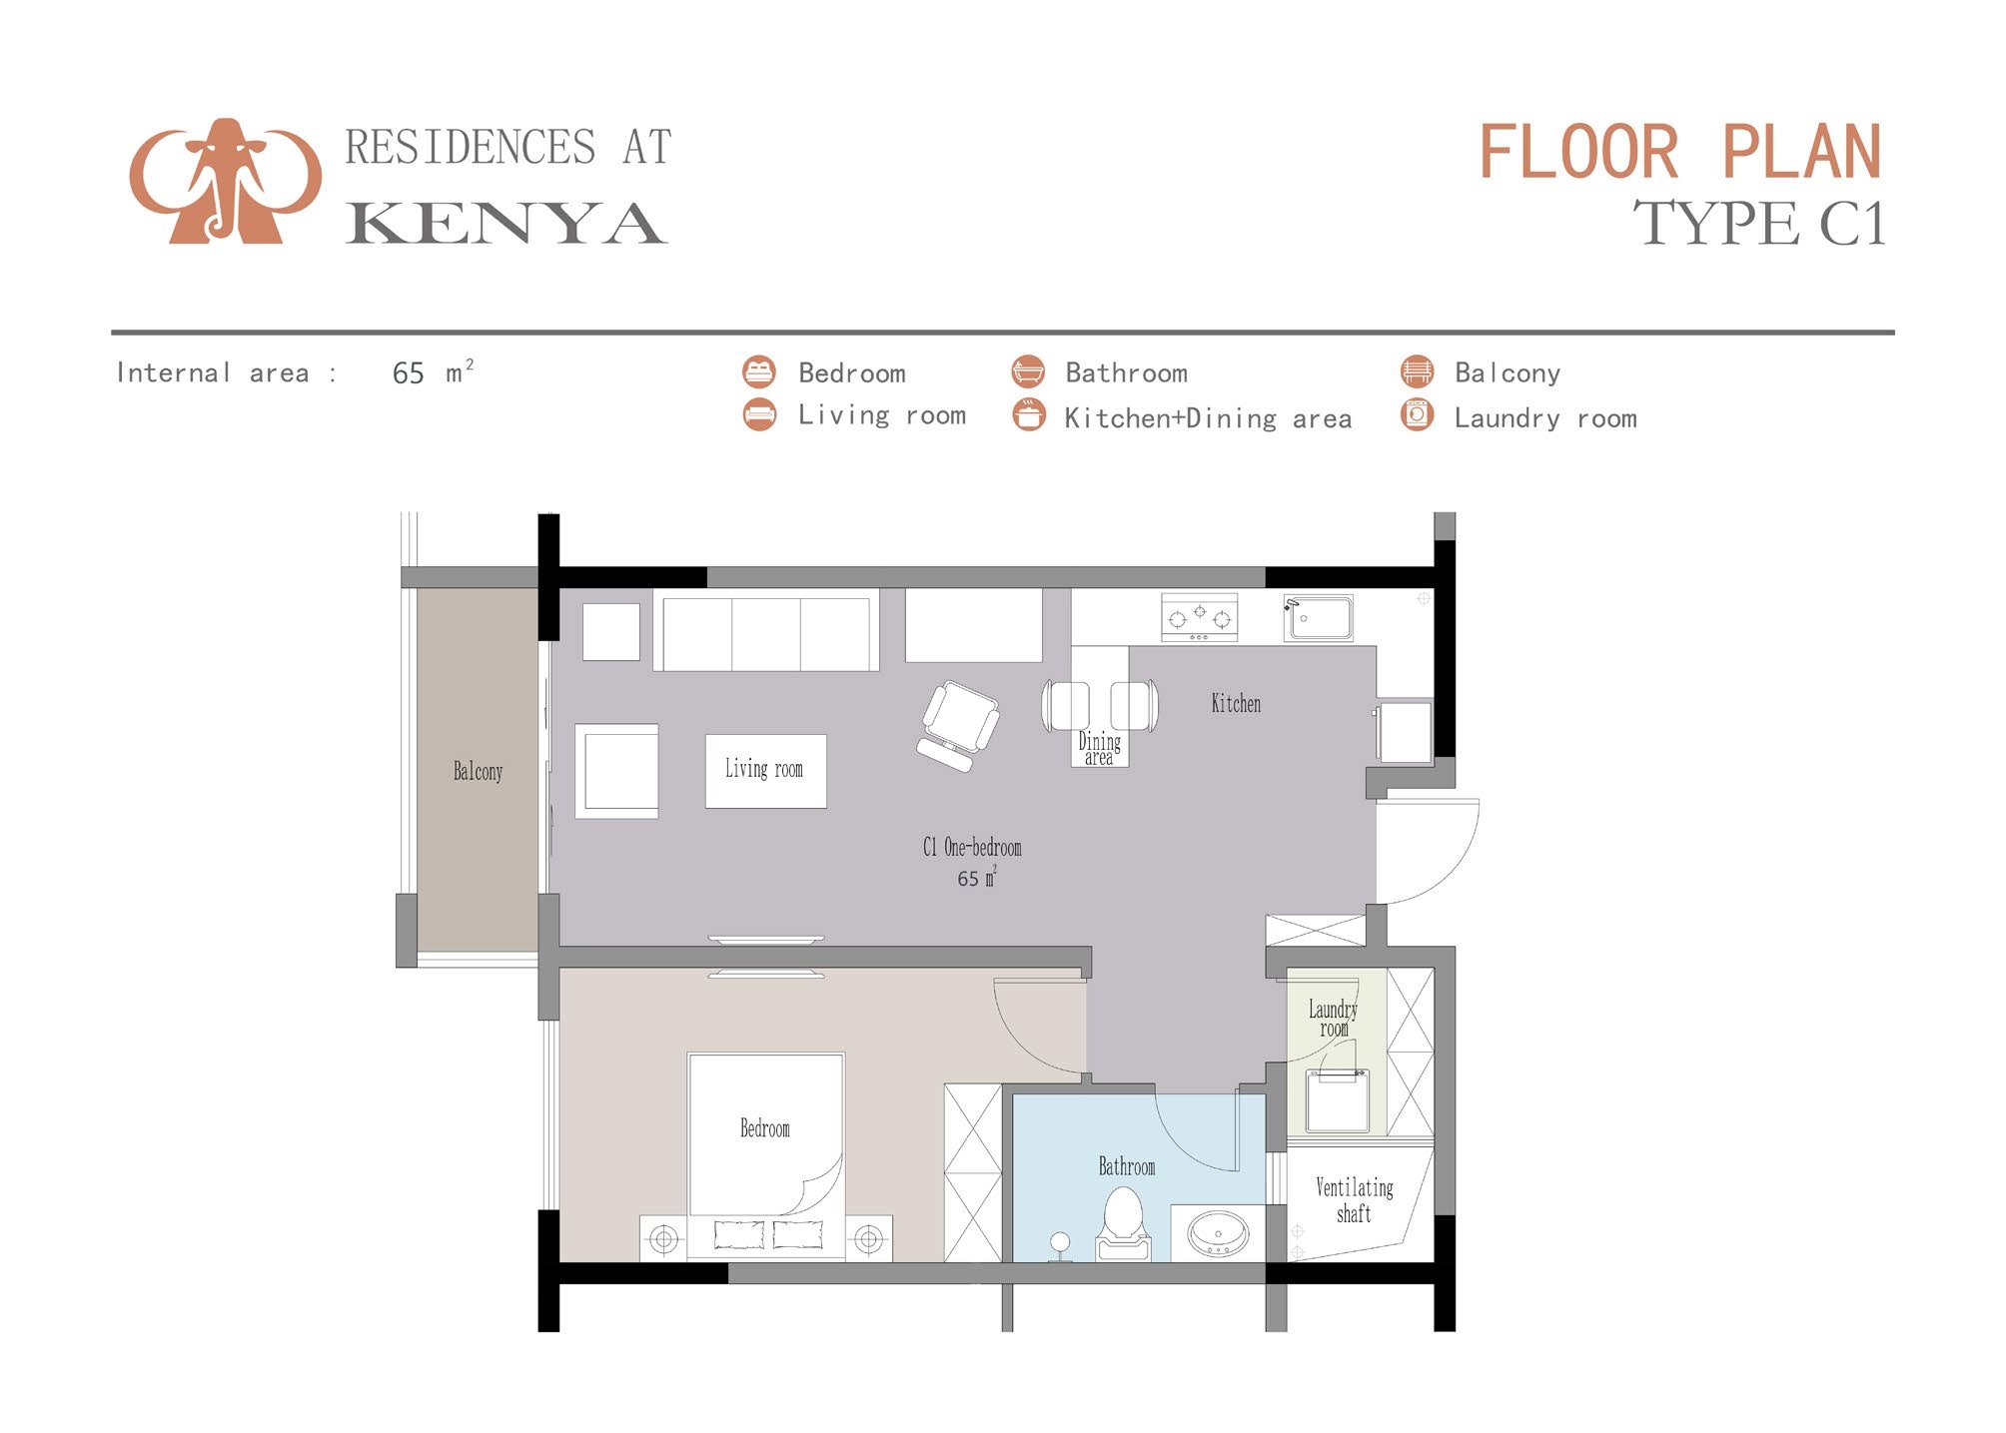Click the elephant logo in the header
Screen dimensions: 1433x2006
(x=226, y=182)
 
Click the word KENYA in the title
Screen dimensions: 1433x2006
(x=505, y=224)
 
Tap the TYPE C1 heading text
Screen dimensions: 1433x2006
(x=1758, y=224)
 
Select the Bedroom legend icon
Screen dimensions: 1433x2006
(x=759, y=371)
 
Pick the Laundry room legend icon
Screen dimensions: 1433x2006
(x=1417, y=414)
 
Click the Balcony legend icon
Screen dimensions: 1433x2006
(x=1417, y=371)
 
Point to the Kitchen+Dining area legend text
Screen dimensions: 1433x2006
(x=1207, y=418)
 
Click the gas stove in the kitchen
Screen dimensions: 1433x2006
(x=1199, y=617)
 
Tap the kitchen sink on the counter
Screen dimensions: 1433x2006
(x=1319, y=618)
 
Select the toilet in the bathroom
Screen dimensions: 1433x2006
(x=1123, y=1224)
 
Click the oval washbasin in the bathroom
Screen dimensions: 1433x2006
(x=1217, y=1234)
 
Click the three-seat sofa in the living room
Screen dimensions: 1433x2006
(x=766, y=634)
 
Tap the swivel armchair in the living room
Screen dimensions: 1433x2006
(x=957, y=723)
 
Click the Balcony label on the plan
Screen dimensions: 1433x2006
(x=478, y=772)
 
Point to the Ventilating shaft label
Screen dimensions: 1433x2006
(x=1354, y=1200)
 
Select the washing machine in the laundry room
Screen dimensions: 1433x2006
(x=1337, y=1100)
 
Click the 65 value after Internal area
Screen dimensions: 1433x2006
(x=408, y=373)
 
